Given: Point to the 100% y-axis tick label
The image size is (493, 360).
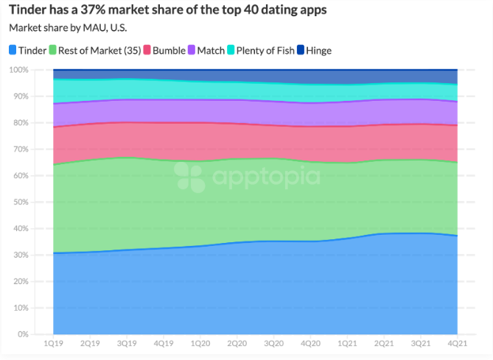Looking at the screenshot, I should (18, 70).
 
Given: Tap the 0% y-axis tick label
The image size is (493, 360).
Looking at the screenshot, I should (23, 334).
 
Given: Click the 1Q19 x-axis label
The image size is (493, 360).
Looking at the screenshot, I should (53, 344).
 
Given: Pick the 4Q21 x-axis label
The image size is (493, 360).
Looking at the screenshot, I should (458, 344).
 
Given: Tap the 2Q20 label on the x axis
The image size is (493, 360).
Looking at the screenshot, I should (237, 344).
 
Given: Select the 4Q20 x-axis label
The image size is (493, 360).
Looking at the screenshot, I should (310, 344).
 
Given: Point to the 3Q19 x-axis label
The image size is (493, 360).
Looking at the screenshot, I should (127, 344).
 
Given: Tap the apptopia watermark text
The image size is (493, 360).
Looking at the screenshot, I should (265, 177).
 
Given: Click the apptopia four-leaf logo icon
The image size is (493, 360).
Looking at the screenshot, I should (190, 177).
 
